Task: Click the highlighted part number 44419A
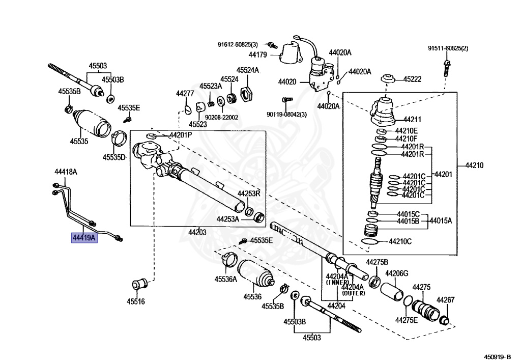[84, 237]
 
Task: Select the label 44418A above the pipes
[66, 172]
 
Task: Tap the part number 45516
[136, 301]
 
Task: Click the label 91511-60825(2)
[448, 48]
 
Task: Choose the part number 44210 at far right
[474, 165]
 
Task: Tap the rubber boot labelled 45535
[93, 124]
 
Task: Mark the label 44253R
[249, 193]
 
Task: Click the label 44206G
[397, 274]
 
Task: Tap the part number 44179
[259, 54]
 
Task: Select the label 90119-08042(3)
[287, 114]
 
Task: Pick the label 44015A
[441, 221]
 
